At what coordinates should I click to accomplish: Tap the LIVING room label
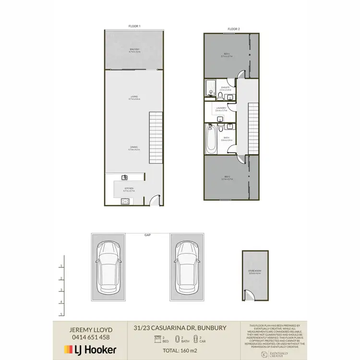[134, 98]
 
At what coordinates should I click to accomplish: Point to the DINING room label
[133, 148]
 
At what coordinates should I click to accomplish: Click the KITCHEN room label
[129, 190]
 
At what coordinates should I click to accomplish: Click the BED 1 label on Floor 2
[227, 55]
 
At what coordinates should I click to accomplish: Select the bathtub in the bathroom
[211, 140]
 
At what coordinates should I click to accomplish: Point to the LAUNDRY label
[221, 109]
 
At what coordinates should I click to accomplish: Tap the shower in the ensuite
[210, 88]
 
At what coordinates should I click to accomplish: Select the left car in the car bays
[108, 267]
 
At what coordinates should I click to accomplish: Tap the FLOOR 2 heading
[234, 29]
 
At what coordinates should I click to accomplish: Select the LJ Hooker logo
[90, 350]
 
